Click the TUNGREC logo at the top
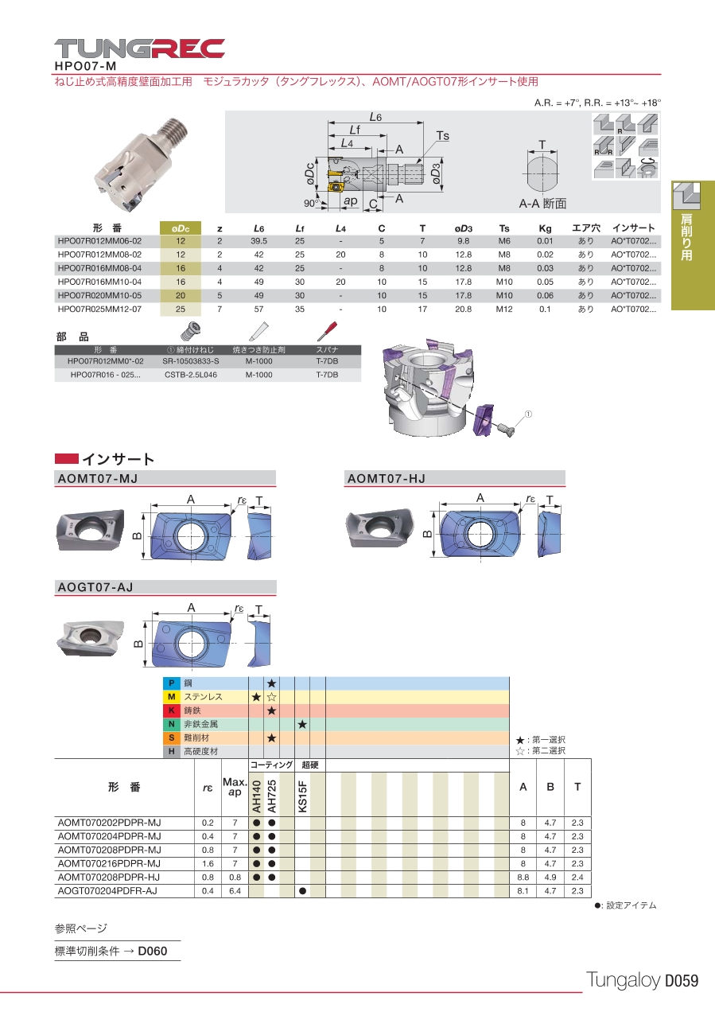(x=139, y=49)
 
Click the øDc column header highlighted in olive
(x=181, y=228)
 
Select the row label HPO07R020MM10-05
(x=99, y=295)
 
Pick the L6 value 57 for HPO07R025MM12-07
(x=258, y=309)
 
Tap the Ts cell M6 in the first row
(x=504, y=241)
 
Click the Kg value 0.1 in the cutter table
(x=545, y=309)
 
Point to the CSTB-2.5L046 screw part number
(x=191, y=375)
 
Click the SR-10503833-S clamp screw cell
(x=191, y=361)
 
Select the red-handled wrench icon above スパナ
(x=327, y=331)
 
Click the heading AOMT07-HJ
(x=387, y=478)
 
